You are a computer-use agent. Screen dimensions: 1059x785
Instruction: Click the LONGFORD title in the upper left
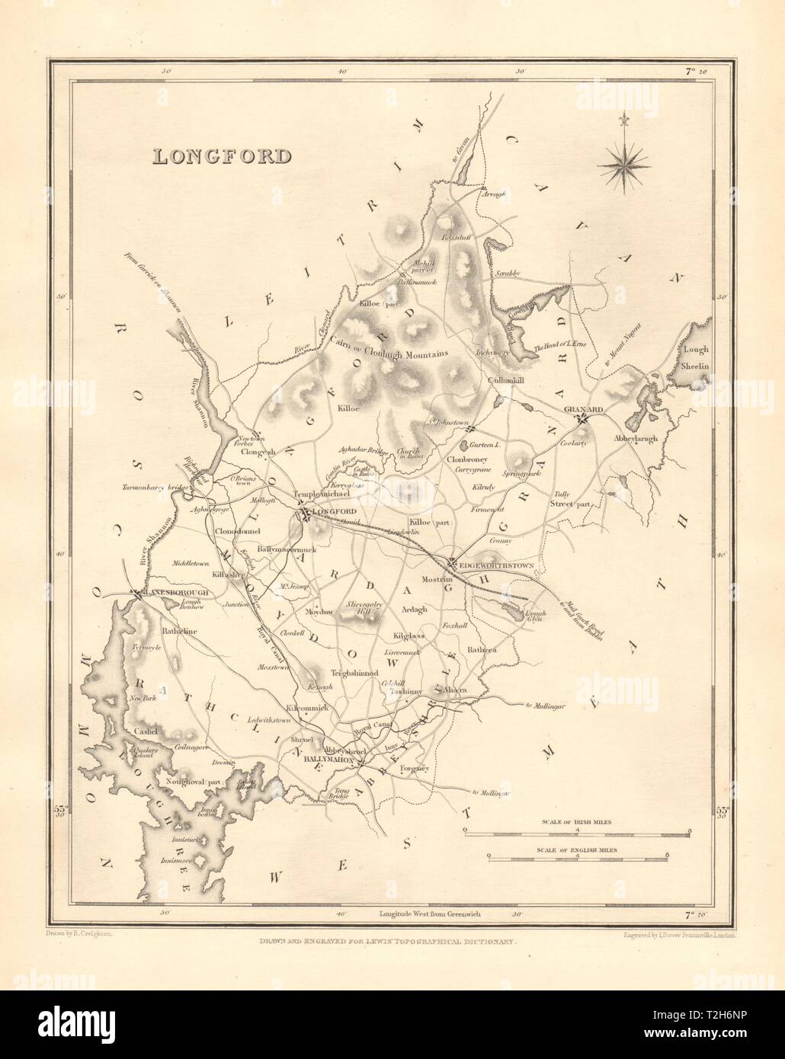(x=222, y=156)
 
